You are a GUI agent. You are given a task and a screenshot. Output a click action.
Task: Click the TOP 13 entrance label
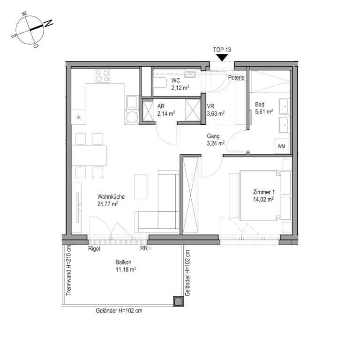(x=222, y=50)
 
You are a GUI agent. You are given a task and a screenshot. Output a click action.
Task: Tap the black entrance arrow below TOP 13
(x=222, y=58)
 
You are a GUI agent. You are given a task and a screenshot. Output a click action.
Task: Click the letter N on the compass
(x=48, y=23)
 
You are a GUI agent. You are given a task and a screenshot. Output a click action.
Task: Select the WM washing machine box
(x=281, y=146)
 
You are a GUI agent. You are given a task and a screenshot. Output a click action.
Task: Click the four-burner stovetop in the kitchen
(x=102, y=76)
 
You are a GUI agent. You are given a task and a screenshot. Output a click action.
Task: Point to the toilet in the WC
(x=160, y=82)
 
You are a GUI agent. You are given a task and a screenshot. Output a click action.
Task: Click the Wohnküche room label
(x=111, y=196)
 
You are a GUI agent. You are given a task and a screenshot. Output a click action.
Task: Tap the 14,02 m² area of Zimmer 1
(x=263, y=199)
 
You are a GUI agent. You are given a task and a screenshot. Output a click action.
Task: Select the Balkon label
(x=123, y=262)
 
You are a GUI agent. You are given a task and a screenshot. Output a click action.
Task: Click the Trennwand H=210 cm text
(x=68, y=270)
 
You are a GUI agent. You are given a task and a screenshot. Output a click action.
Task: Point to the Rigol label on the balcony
(x=94, y=248)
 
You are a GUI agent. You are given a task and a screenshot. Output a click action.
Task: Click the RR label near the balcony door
(x=144, y=248)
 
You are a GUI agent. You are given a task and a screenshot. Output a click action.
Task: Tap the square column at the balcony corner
(x=178, y=301)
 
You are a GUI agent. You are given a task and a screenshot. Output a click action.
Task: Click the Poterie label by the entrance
(x=236, y=77)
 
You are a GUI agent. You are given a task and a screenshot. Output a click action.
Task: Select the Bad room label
(x=260, y=105)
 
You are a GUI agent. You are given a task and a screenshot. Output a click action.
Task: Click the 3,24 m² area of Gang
(x=216, y=143)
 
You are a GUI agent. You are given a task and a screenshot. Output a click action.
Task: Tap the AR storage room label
(x=161, y=106)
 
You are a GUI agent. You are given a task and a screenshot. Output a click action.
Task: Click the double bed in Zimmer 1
(x=260, y=195)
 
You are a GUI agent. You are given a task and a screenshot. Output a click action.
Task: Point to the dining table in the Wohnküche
(x=89, y=155)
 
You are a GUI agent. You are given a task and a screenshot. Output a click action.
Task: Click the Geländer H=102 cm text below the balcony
(x=119, y=311)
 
